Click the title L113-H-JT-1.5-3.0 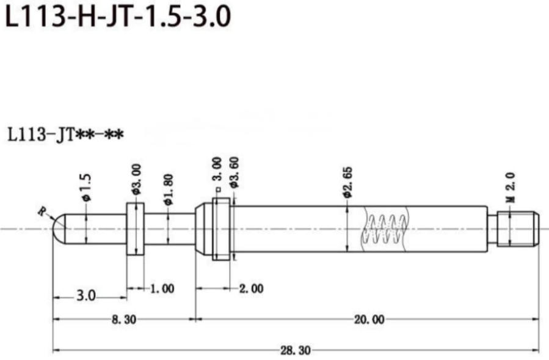[x=118, y=17]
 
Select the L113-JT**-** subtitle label [x=66, y=135]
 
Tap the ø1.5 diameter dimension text [x=85, y=188]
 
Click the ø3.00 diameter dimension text [x=136, y=179]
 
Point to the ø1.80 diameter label [x=168, y=189]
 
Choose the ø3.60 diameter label [x=233, y=172]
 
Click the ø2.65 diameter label [x=347, y=182]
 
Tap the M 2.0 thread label [x=511, y=187]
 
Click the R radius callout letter [x=42, y=211]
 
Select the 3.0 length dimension [x=86, y=295]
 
